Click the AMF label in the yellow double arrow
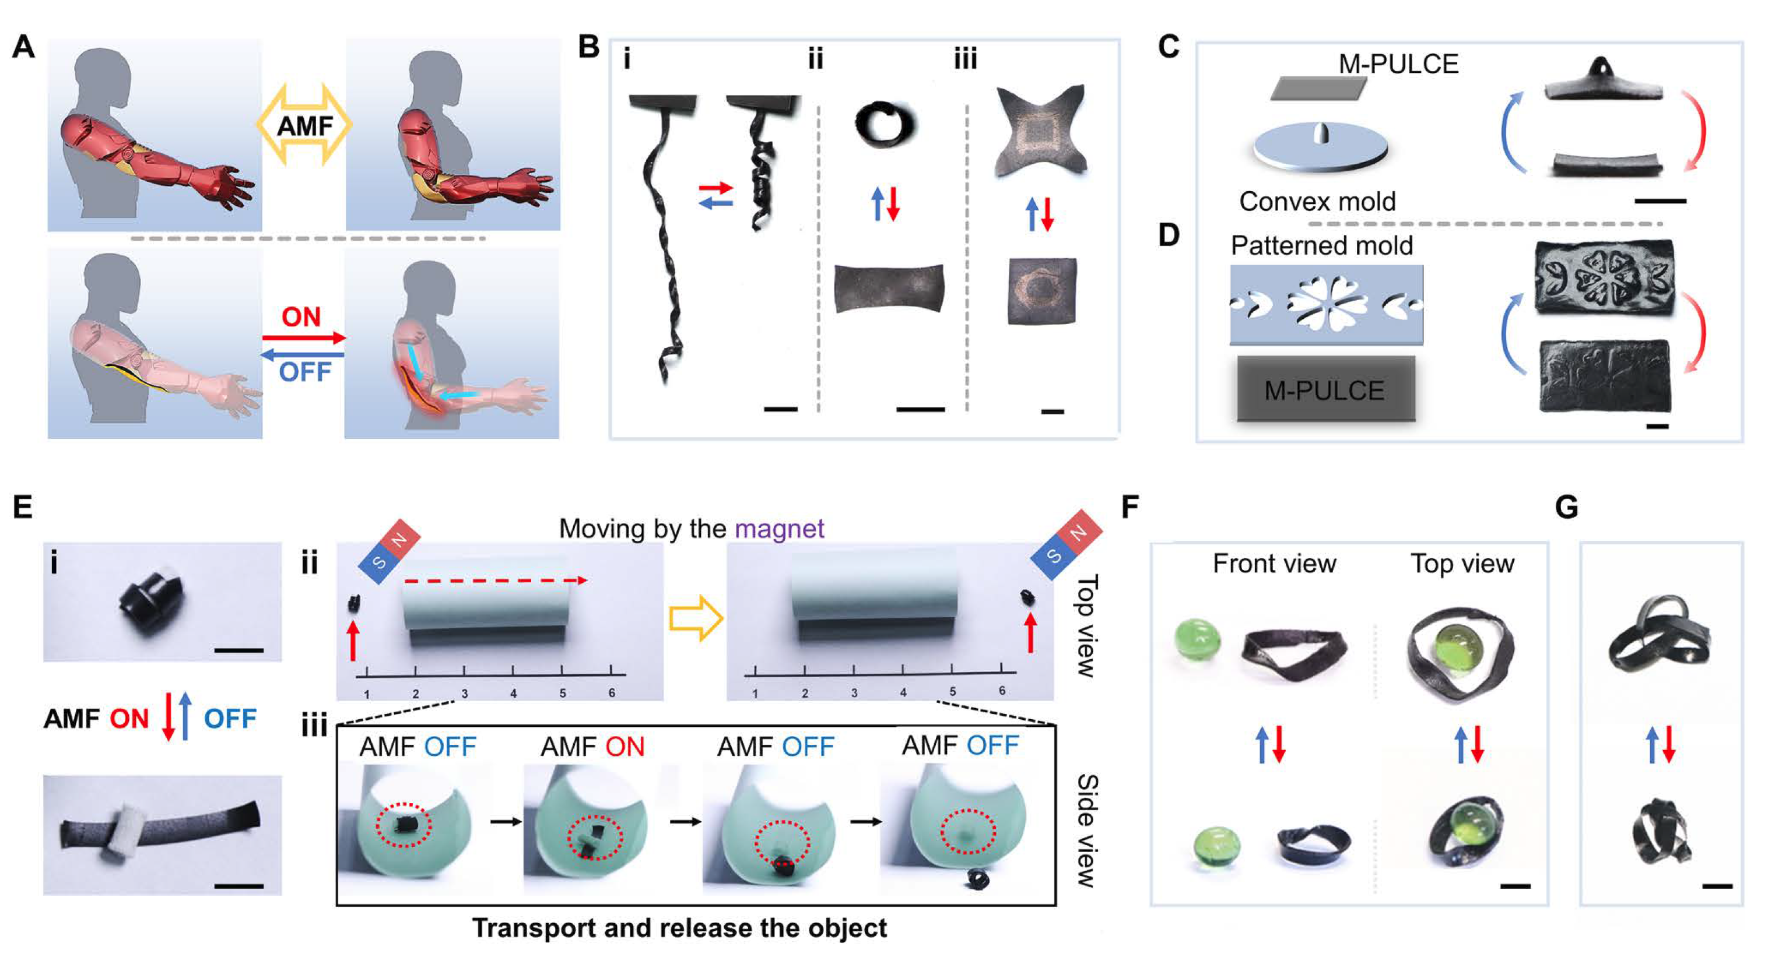tap(304, 126)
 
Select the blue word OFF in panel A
tap(304, 372)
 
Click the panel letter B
tap(589, 48)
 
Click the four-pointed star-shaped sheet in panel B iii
tap(1041, 131)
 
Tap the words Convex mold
tap(1317, 202)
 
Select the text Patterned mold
tap(1321, 245)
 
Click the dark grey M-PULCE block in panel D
tap(1325, 390)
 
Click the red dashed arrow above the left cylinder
tap(495, 581)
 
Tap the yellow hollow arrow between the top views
tap(696, 617)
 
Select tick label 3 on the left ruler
tap(464, 693)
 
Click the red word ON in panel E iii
tap(625, 747)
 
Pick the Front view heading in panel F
tap(1274, 564)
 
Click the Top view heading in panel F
tap(1462, 564)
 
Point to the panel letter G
tap(1566, 508)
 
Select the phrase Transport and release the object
tap(679, 928)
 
